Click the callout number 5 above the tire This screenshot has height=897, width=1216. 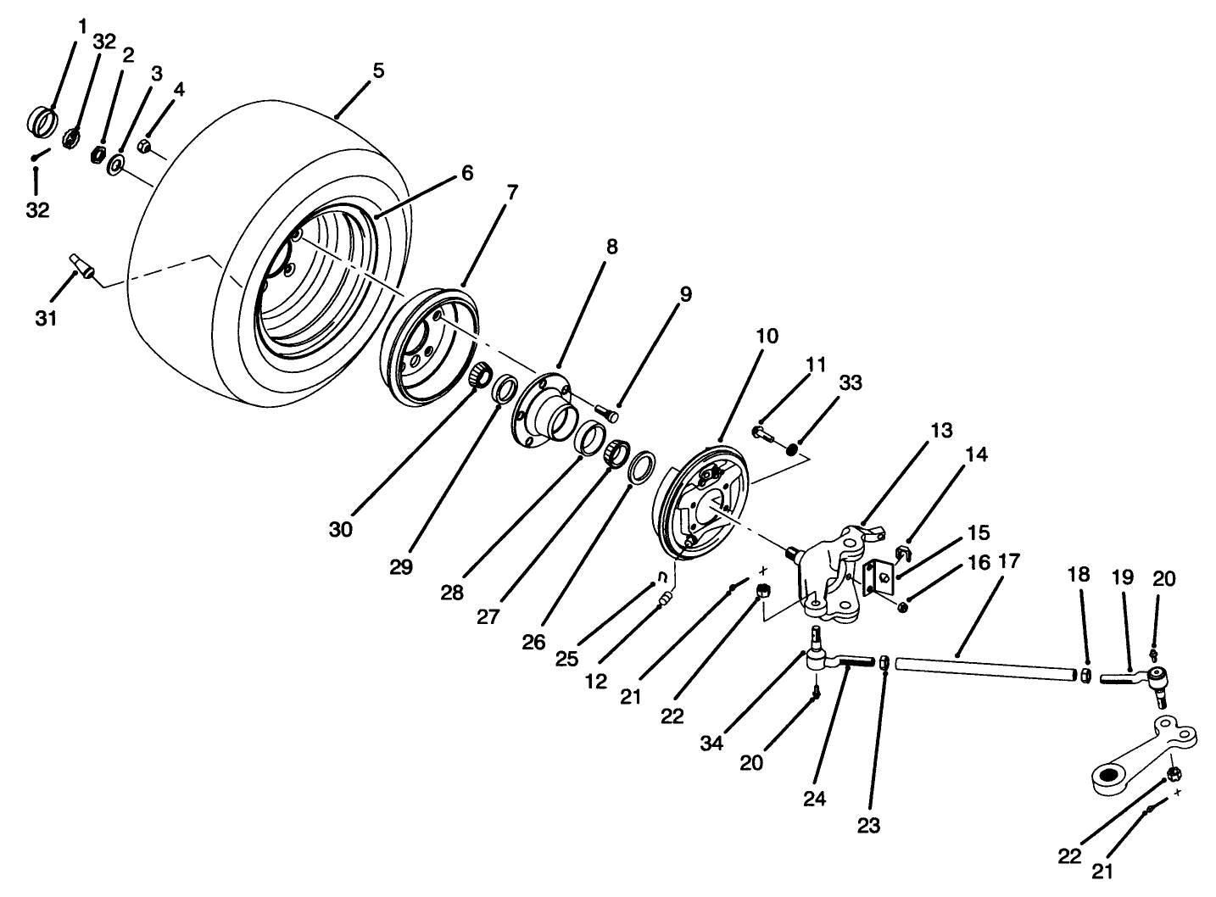[377, 70]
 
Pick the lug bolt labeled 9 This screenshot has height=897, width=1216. [605, 410]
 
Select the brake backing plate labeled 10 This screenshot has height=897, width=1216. [704, 500]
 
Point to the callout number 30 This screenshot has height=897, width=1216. [341, 530]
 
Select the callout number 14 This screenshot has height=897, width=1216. [975, 455]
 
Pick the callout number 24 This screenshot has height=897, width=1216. [817, 798]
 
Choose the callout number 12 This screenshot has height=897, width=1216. [596, 681]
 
